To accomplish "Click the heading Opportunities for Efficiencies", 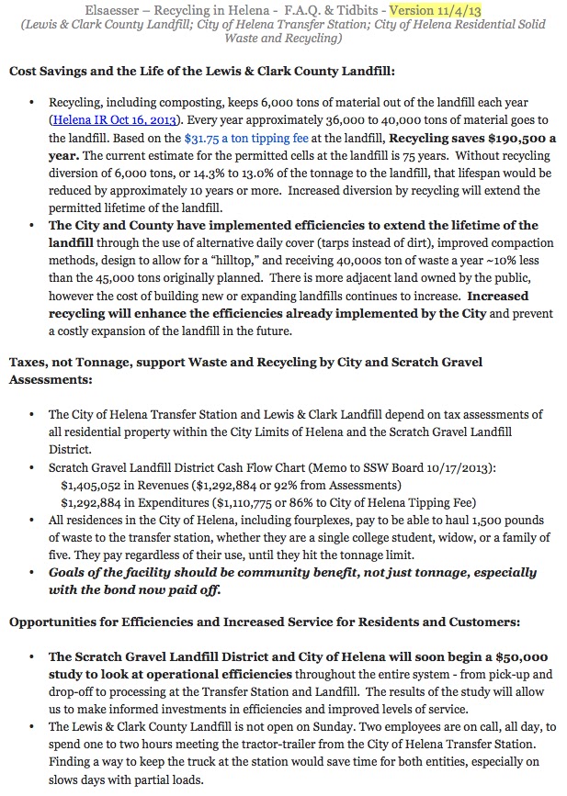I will tap(264, 622).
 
